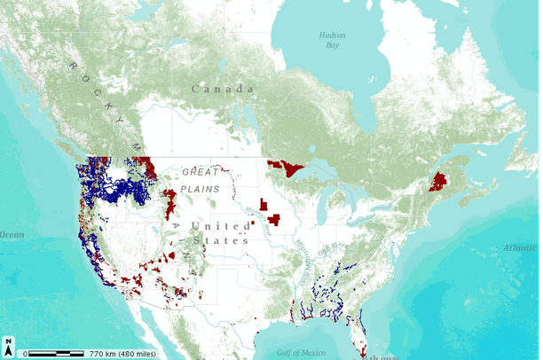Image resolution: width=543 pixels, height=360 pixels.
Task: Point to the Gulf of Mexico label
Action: point(300,353)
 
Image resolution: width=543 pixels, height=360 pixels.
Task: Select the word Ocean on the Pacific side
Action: point(12,235)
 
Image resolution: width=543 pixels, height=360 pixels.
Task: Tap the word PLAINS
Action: point(201,189)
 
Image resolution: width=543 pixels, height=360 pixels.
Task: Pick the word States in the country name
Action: point(227,240)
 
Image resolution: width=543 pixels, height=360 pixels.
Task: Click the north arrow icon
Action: point(8,347)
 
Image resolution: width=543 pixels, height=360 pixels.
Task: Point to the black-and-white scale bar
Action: point(55,353)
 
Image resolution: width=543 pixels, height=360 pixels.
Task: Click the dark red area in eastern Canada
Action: point(437,183)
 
